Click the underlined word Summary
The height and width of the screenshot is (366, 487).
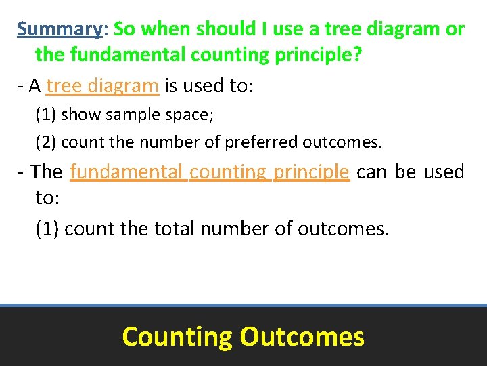coord(59,29)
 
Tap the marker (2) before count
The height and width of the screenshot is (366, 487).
coord(46,143)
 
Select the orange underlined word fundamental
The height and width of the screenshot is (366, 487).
coord(127,171)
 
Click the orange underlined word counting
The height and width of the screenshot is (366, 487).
coord(229,171)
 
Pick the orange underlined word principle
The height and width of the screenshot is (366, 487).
coord(311,171)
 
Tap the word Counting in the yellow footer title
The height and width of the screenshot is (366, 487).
coord(177,337)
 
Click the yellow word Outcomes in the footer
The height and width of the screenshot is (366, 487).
coord(302,337)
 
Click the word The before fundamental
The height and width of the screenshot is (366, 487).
coord(46,171)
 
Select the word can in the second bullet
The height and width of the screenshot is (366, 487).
coord(371,171)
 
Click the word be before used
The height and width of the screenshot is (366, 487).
coord(405,171)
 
